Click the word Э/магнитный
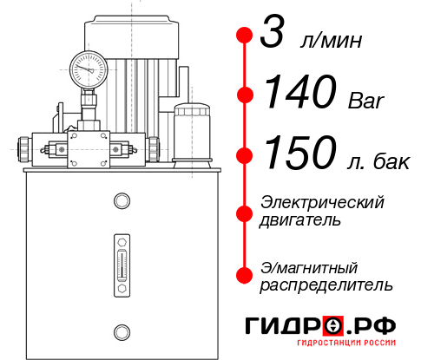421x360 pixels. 308,266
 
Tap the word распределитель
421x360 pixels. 326,285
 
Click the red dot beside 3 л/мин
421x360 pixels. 244,36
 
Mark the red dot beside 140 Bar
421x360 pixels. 244,95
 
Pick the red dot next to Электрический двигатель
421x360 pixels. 244,212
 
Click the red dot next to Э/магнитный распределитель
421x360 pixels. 244,274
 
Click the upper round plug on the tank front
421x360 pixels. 122,201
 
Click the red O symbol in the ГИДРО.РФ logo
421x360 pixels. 333,327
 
